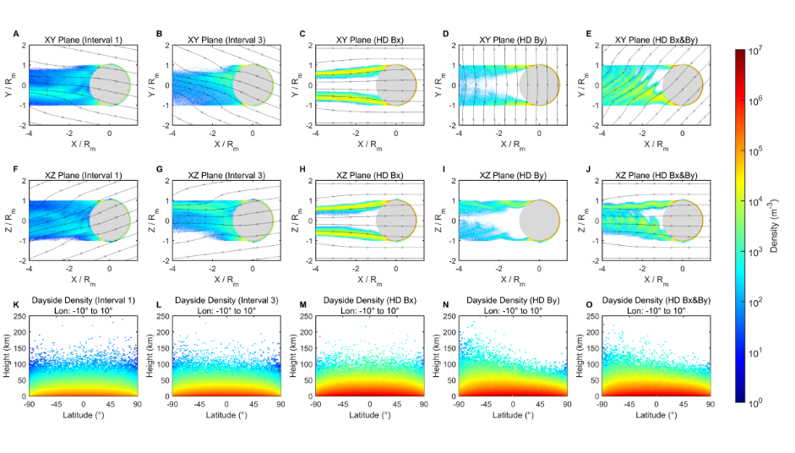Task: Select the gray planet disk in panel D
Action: (540, 85)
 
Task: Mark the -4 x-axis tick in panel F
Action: (30, 269)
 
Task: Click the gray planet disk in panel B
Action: (253, 85)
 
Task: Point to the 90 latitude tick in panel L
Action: (279, 405)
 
